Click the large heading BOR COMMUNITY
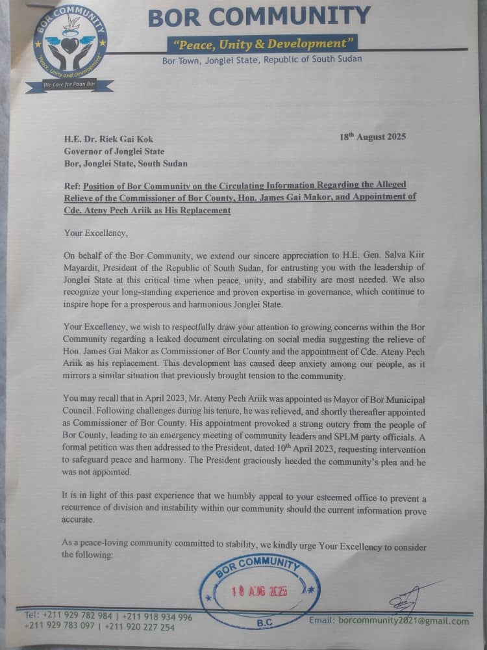[x=259, y=17]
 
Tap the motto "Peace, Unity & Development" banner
[x=262, y=44]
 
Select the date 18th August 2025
[x=373, y=137]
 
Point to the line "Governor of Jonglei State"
[x=114, y=151]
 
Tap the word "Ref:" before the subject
[x=73, y=185]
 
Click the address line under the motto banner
[x=262, y=59]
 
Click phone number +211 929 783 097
[x=59, y=627]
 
